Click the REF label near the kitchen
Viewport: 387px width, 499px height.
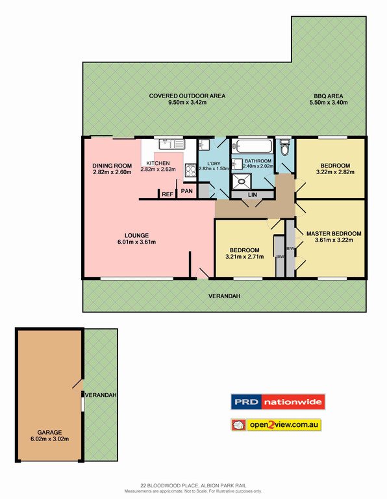tap(168, 194)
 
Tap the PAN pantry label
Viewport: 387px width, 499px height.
tap(186, 191)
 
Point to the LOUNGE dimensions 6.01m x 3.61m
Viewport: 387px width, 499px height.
tap(138, 242)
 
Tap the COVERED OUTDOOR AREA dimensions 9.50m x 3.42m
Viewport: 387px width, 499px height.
tap(187, 103)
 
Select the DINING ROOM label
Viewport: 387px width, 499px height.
tap(112, 165)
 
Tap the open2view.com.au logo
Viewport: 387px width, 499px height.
tap(277, 425)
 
